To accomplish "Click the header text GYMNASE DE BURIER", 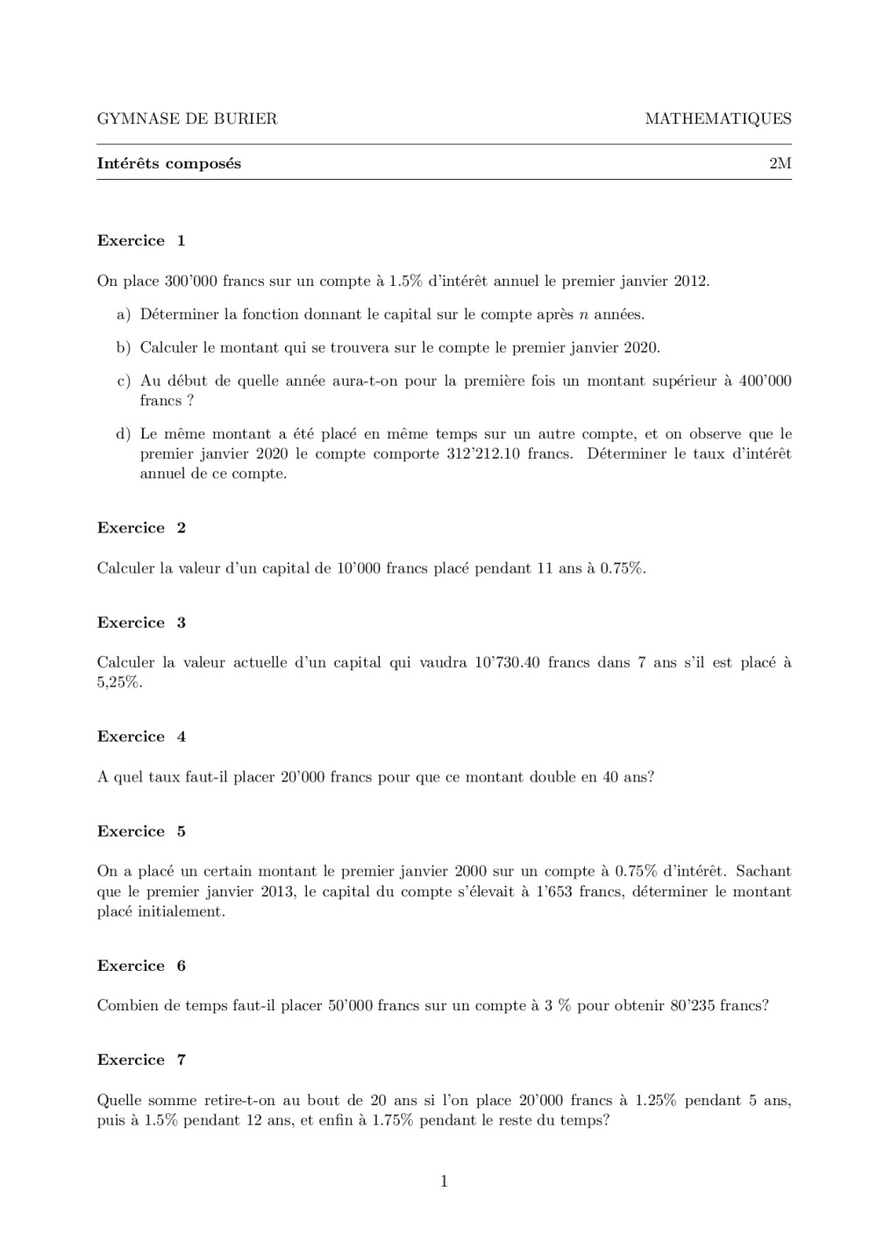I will click(187, 119).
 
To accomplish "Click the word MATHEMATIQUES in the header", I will click(717, 119).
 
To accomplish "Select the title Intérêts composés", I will click(168, 164).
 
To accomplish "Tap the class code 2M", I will click(780, 164).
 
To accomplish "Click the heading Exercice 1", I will click(141, 241).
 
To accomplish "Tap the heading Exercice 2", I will click(141, 528).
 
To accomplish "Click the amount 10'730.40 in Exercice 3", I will click(508, 663).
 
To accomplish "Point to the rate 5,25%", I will click(119, 683).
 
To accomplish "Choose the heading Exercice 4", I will click(141, 737).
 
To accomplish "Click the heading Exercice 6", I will click(141, 966).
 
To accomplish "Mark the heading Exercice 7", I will click(141, 1059).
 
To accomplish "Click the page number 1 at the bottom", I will click(444, 1182).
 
